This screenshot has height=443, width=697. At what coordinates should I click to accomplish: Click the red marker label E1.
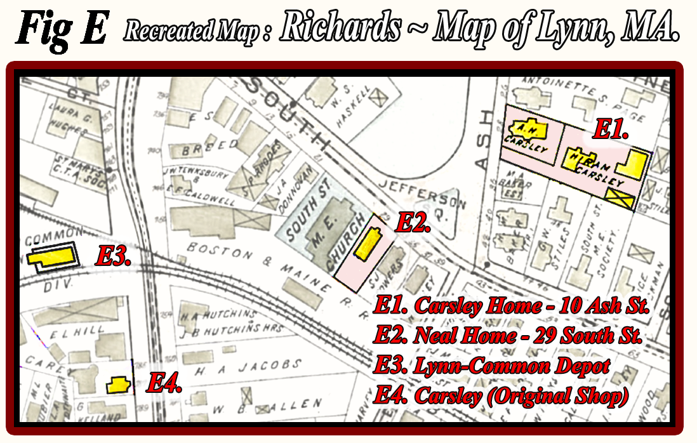click(610, 131)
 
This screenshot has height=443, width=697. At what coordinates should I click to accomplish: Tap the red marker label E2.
click(413, 223)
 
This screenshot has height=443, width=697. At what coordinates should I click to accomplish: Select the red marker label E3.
click(113, 257)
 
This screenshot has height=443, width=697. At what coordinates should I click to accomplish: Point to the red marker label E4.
click(164, 383)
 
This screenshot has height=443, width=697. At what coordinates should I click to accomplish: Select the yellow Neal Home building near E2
click(368, 245)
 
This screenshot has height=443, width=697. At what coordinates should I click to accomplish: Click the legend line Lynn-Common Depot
click(492, 366)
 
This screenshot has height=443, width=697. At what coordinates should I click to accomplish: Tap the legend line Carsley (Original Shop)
click(501, 395)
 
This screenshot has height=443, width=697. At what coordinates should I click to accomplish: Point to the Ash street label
click(486, 139)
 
